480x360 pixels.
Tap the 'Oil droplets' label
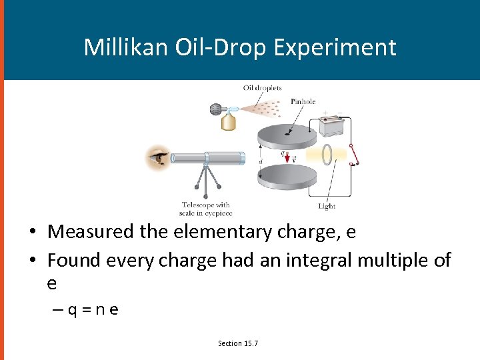click(x=262, y=88)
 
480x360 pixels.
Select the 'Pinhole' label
click(x=303, y=102)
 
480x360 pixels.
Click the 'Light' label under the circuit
click(x=327, y=206)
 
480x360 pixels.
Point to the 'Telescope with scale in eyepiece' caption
click(x=205, y=209)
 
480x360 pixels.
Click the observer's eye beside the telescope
click(x=159, y=159)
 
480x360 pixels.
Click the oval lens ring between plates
click(x=327, y=155)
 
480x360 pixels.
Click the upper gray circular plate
click(x=287, y=134)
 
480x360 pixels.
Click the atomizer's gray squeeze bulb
click(x=217, y=109)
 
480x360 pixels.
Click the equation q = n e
click(x=88, y=310)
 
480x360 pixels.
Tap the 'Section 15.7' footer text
click(x=238, y=343)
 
